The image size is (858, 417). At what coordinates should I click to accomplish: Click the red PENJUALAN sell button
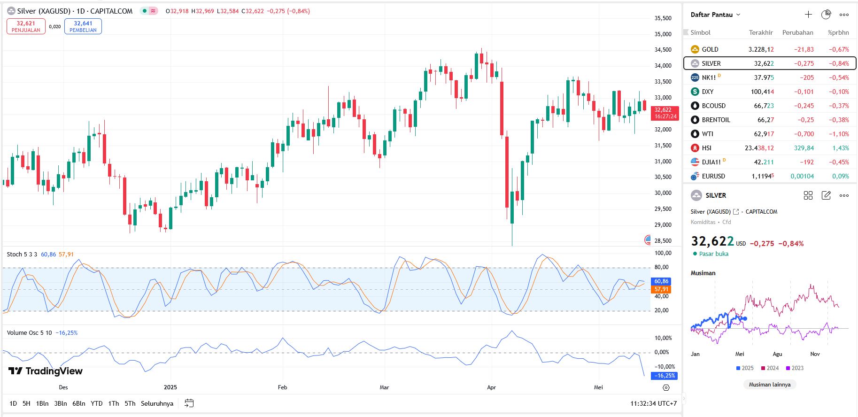click(x=26, y=26)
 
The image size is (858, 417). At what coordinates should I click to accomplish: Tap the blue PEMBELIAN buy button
click(x=83, y=26)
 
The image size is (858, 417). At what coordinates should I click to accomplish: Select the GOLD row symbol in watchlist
click(x=710, y=49)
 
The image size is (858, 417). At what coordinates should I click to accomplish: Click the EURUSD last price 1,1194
click(x=762, y=176)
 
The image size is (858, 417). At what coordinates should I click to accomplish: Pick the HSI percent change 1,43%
click(x=840, y=148)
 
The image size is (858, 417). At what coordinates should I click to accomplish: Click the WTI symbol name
click(x=707, y=134)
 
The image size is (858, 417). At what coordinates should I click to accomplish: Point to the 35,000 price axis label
click(x=663, y=34)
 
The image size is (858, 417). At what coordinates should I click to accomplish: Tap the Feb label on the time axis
click(x=282, y=387)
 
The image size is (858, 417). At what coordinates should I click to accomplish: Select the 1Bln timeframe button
click(x=42, y=403)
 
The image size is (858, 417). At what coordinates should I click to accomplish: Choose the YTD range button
click(x=97, y=403)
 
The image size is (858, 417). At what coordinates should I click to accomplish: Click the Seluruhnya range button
click(x=157, y=403)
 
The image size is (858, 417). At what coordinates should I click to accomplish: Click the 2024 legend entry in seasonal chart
click(x=770, y=368)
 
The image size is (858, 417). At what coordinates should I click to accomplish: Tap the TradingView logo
click(x=46, y=371)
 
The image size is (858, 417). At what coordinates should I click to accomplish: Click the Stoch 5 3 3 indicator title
click(x=22, y=255)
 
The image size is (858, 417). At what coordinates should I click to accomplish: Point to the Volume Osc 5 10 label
click(x=29, y=333)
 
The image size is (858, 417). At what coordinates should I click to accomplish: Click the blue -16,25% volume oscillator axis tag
click(x=664, y=376)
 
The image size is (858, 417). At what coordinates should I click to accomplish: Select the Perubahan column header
click(x=797, y=32)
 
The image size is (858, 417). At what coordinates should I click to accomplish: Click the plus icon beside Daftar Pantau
click(x=808, y=15)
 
